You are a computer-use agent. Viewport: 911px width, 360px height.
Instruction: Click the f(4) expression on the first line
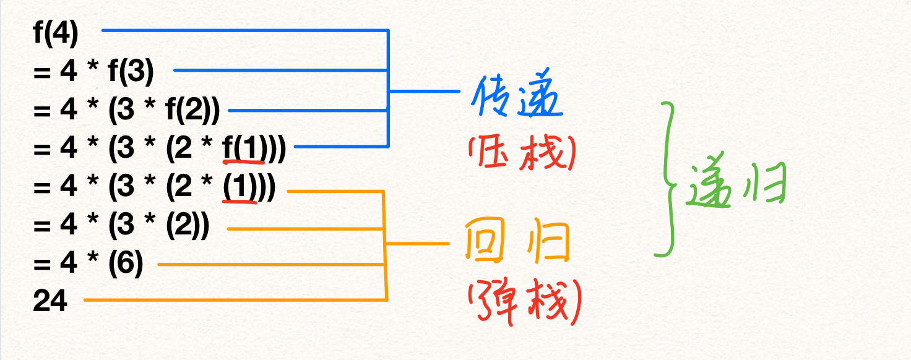pos(56,35)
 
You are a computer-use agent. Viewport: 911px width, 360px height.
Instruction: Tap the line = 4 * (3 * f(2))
pos(127,111)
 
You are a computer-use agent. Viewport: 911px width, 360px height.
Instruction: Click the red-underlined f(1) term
pos(243,150)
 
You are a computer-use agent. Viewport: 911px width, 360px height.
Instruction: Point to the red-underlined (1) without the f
pos(240,187)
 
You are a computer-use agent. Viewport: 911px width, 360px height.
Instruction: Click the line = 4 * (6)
pos(89,264)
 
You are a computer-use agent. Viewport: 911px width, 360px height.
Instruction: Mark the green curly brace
pos(668,179)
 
